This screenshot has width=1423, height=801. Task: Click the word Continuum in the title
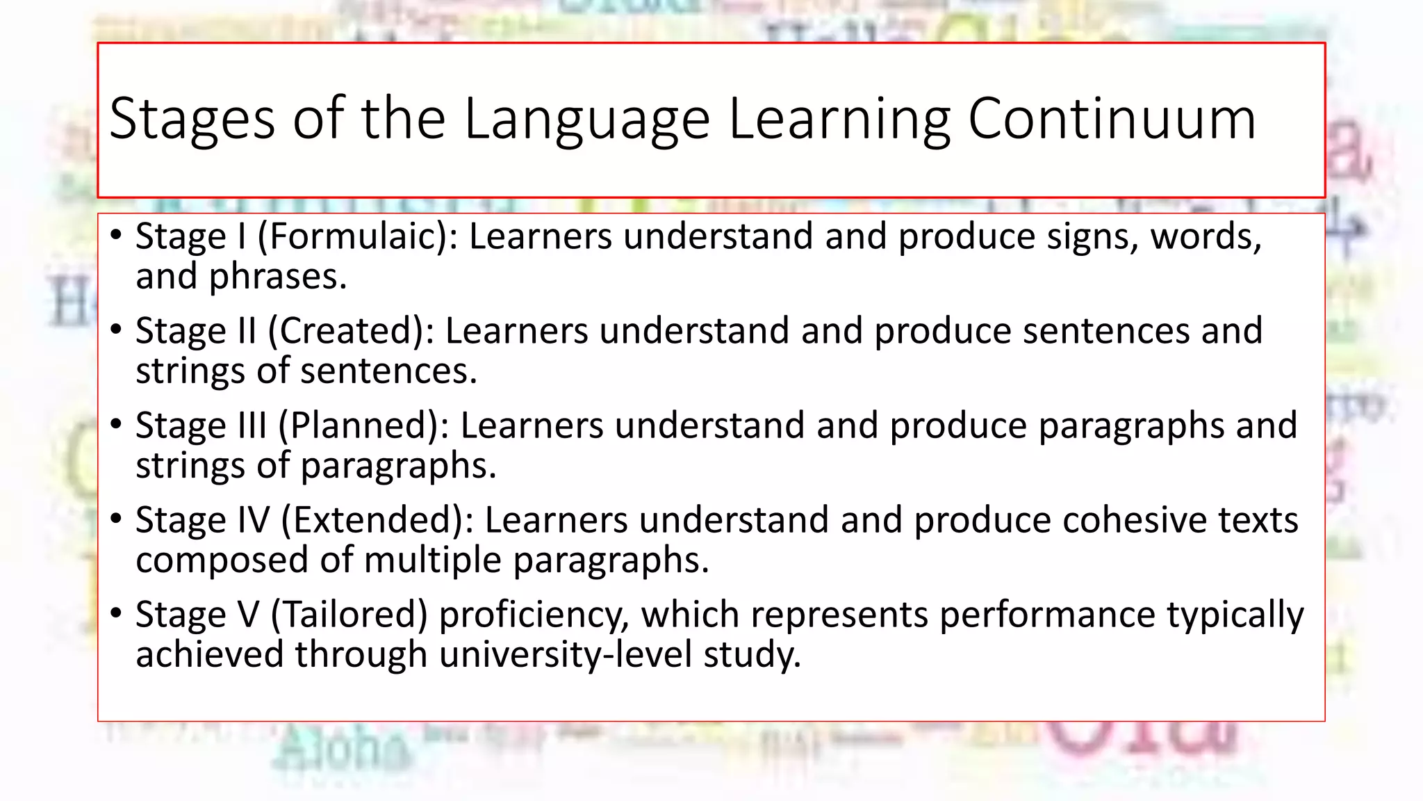click(x=1112, y=119)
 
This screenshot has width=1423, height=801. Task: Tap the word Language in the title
click(x=587, y=120)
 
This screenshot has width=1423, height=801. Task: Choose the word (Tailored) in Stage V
click(x=349, y=615)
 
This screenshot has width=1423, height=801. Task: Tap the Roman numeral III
click(x=252, y=426)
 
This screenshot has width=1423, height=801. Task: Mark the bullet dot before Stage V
click(x=116, y=613)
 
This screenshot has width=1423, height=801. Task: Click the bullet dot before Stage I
click(x=116, y=235)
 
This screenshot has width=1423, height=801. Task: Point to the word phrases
click(x=277, y=277)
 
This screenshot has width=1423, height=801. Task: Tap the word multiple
click(x=432, y=560)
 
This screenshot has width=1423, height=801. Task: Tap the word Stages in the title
click(x=192, y=120)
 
